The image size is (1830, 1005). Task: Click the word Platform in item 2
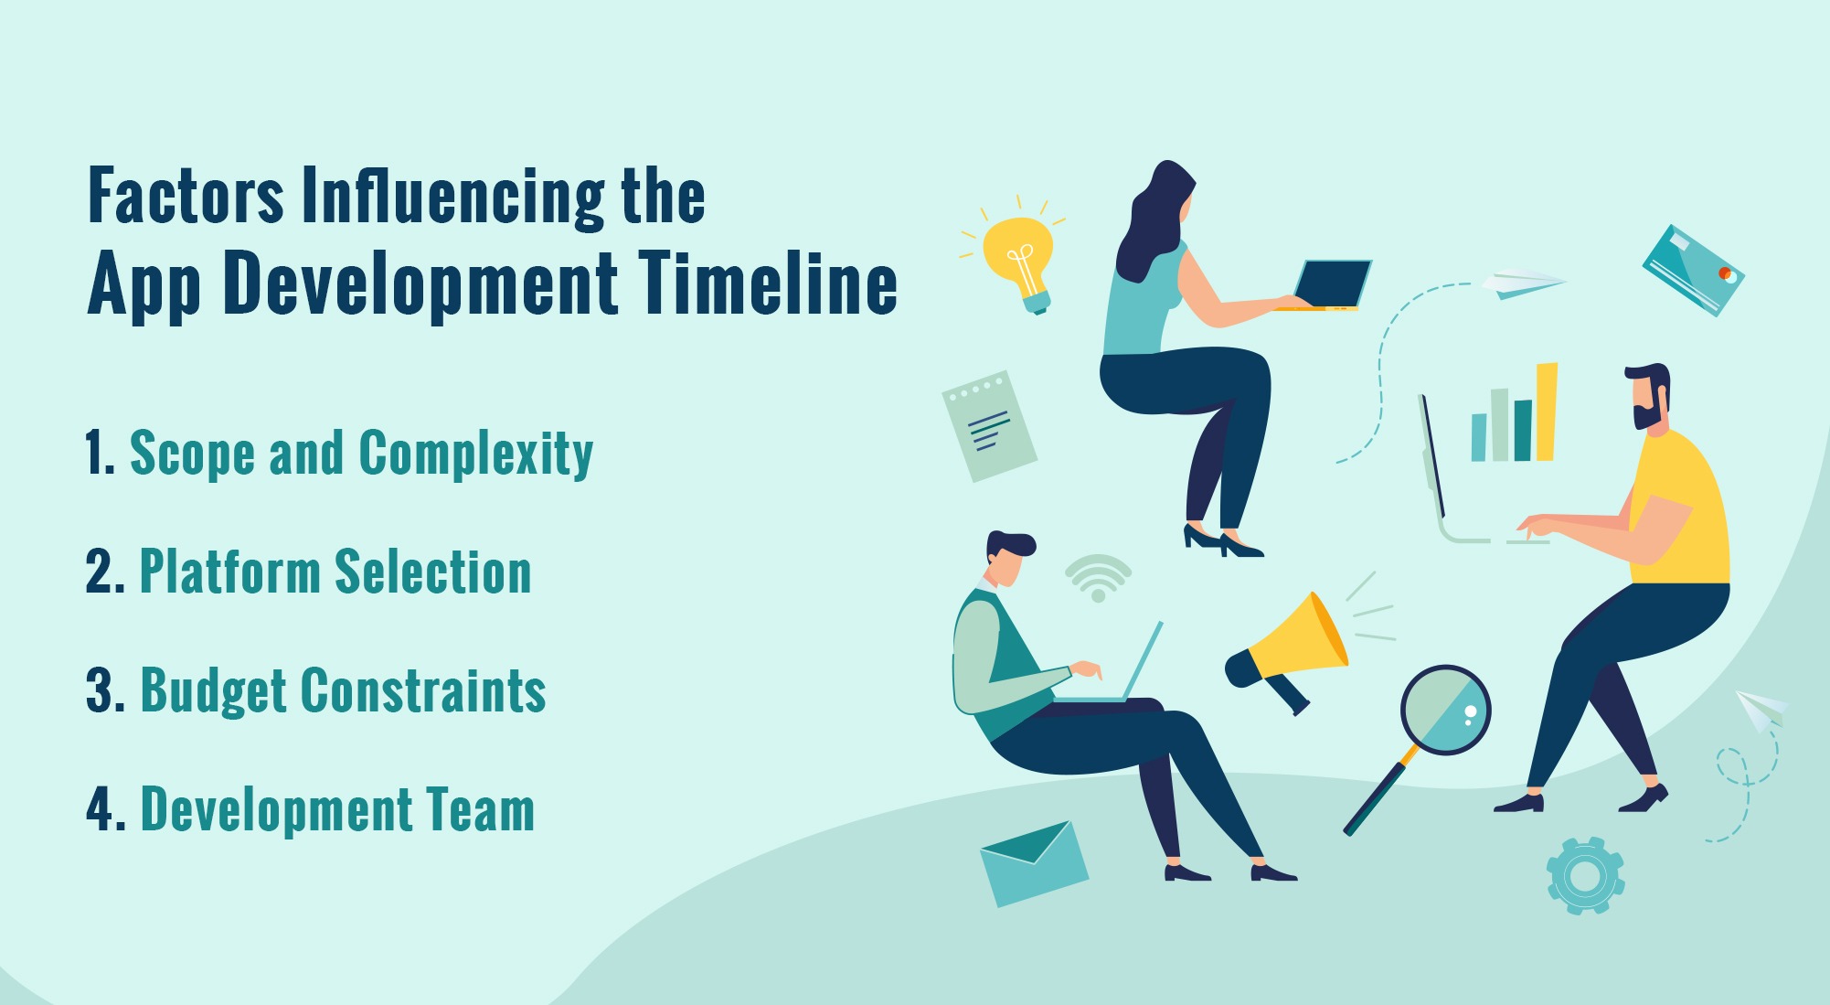point(229,572)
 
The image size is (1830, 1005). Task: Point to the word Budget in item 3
point(213,691)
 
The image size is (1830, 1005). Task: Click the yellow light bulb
point(1017,251)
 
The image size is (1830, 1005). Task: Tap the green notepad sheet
point(989,426)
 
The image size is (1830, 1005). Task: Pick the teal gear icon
point(1585,876)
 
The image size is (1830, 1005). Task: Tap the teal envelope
point(1034,864)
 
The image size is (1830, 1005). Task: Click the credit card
point(1693,271)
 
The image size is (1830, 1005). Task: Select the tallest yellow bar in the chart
point(1547,412)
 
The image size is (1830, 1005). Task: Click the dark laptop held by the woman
point(1332,283)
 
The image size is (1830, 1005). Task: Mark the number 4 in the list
point(100,810)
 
